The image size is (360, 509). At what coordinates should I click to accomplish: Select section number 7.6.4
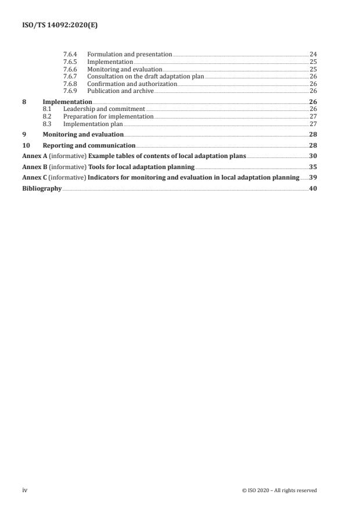[70, 54]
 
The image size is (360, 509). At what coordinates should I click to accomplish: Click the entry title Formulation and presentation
[129, 54]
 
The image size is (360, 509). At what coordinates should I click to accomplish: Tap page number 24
[313, 54]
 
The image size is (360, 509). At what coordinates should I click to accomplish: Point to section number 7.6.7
[70, 76]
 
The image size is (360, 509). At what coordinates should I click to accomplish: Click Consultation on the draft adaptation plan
[145, 76]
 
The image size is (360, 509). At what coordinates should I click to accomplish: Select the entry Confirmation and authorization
[132, 83]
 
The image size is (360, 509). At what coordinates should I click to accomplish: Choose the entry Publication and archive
[120, 91]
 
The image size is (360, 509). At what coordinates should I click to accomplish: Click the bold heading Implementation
[67, 102]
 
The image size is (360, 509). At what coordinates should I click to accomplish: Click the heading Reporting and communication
[89, 145]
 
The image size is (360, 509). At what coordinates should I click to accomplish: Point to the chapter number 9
[24, 134]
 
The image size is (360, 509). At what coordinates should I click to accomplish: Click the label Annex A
[33, 156]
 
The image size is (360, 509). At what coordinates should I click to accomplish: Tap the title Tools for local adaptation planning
[141, 167]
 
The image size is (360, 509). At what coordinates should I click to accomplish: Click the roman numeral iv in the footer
[24, 490]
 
